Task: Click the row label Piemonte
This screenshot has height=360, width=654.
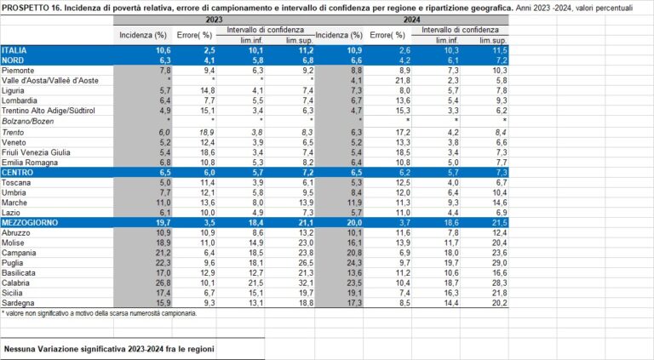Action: tap(20, 71)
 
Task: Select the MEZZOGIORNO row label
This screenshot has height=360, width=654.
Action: tap(30, 222)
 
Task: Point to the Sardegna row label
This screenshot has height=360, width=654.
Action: tap(20, 303)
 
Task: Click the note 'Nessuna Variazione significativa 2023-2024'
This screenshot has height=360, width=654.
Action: tap(109, 349)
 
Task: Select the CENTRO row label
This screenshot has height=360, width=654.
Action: tap(19, 171)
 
